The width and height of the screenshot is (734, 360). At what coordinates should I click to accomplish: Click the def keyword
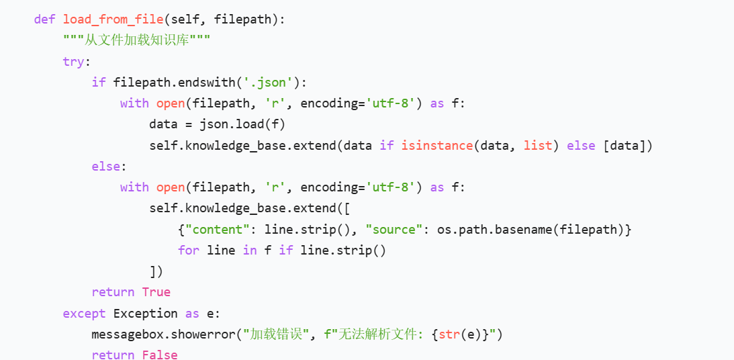(44, 19)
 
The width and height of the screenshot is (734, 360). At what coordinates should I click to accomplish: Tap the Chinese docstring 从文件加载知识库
(137, 40)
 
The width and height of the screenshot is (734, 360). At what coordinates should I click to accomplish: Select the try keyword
(73, 61)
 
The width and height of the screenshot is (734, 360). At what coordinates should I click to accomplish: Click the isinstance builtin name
(437, 145)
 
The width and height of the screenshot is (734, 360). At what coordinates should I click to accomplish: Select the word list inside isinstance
(537, 145)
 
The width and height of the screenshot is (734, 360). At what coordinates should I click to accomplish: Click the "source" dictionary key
(394, 229)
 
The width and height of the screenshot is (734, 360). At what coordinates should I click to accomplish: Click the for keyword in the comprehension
(188, 250)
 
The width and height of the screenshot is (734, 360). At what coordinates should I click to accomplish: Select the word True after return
(156, 292)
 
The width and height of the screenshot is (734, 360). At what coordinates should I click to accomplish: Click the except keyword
(84, 313)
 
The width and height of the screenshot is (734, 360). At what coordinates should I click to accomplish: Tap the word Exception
(145, 313)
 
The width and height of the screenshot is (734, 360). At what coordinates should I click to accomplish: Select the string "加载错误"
(275, 334)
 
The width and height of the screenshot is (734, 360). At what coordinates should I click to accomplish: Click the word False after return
(160, 354)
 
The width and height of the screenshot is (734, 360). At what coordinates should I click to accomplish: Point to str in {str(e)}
(448, 334)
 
